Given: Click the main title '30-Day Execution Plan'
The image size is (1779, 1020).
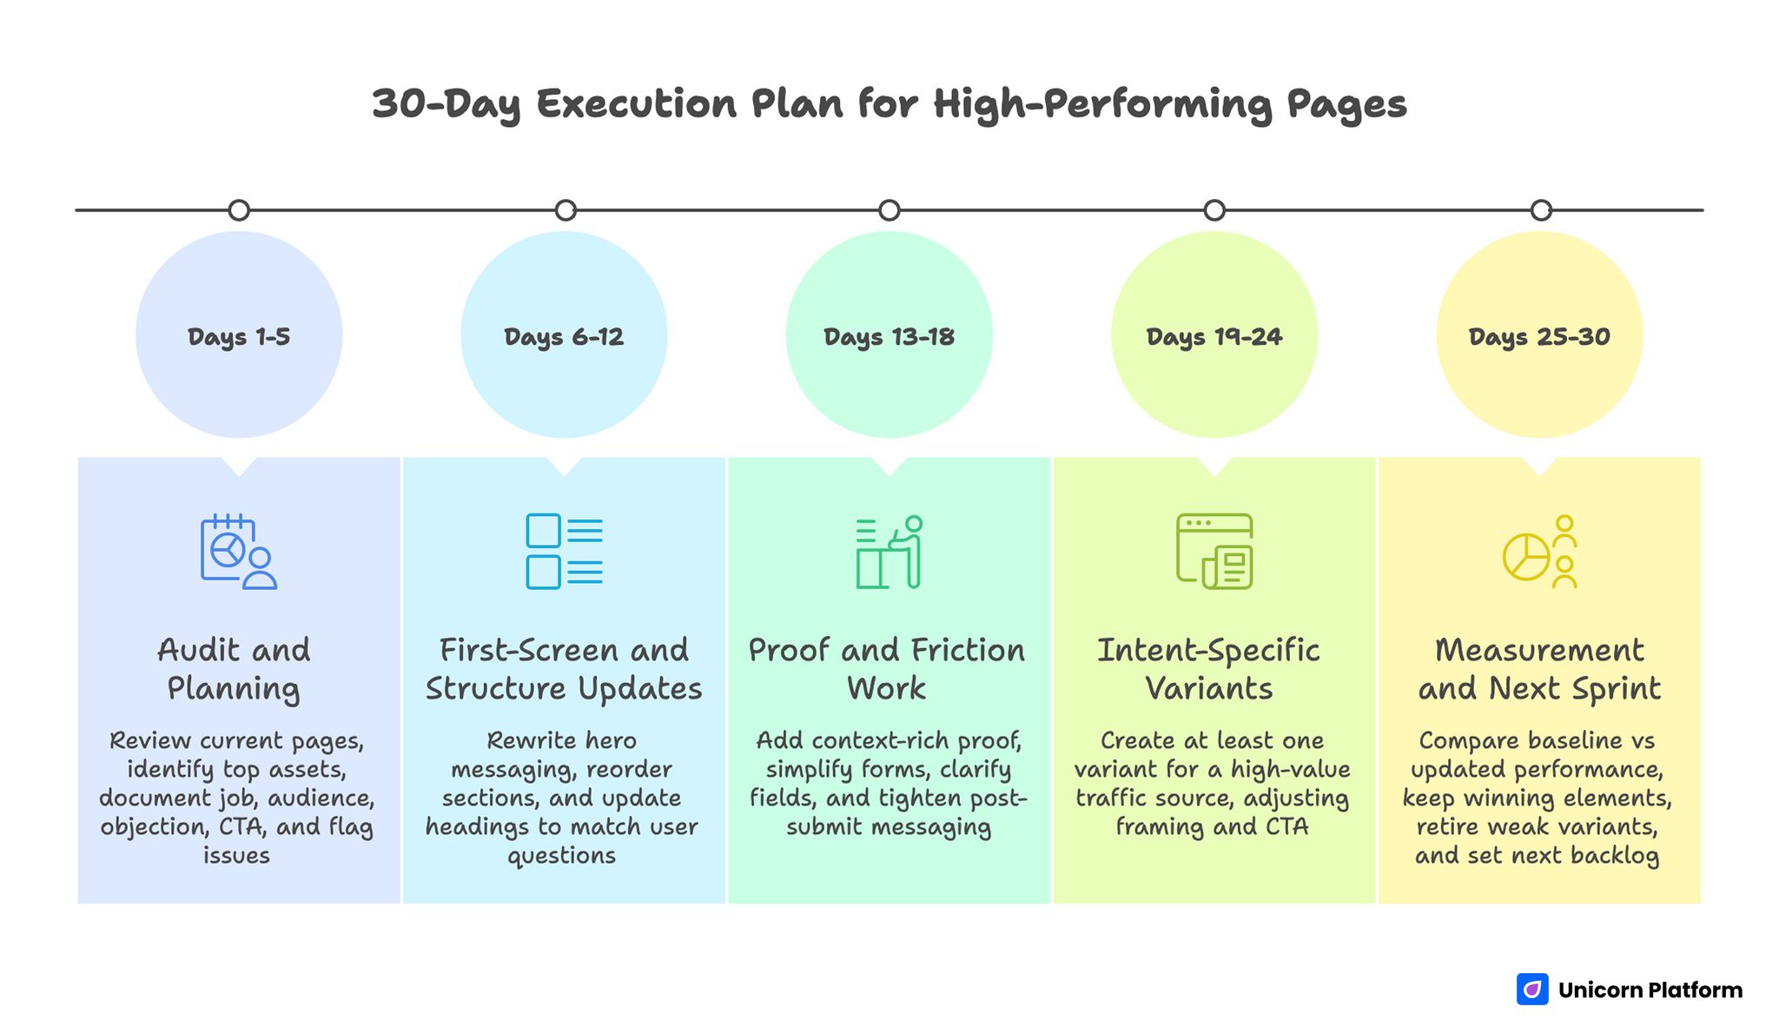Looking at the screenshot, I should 889,104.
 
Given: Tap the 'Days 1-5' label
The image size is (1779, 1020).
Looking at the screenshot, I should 239,336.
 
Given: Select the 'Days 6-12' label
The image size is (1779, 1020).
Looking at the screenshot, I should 564,336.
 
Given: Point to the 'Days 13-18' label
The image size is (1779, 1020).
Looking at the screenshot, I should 889,336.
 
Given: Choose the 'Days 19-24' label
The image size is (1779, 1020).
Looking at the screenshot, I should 1214,336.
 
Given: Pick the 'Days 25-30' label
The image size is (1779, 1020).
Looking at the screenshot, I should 1539,336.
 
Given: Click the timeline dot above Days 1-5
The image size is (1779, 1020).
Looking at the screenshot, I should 239,210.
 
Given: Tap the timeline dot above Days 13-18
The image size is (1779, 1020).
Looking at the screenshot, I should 889,210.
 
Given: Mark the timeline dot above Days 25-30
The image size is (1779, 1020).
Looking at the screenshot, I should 1540,210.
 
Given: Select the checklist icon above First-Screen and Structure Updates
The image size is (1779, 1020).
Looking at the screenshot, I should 564,552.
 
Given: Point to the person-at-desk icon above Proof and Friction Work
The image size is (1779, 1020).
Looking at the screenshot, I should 889,552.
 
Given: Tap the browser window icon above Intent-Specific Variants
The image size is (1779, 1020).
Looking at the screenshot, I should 1214,552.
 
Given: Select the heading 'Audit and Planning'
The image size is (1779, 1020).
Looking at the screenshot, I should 234,669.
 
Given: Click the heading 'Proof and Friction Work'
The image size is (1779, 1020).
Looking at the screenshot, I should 887,669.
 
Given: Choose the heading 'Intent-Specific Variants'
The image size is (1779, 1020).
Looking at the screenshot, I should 1208,669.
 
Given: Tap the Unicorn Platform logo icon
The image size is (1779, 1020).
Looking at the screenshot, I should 1532,990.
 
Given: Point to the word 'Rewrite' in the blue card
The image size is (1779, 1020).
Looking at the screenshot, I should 524,740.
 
